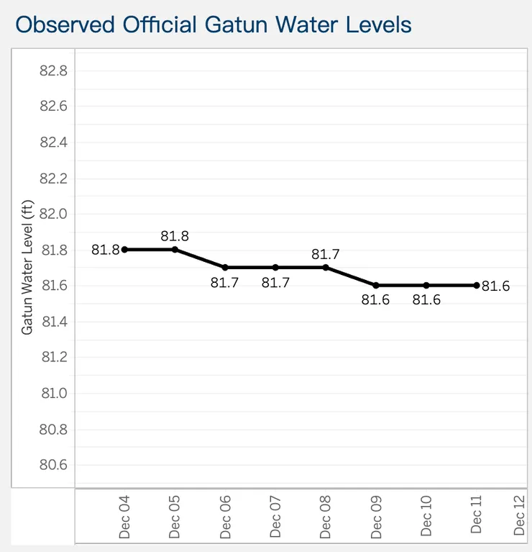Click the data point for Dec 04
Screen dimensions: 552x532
click(124, 250)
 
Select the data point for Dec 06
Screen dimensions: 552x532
click(225, 267)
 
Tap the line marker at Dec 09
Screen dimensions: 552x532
click(376, 285)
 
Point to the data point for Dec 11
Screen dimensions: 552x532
click(477, 285)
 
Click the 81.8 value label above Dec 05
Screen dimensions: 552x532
click(175, 236)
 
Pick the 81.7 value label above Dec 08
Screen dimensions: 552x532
click(325, 254)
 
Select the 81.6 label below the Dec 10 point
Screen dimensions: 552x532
click(426, 299)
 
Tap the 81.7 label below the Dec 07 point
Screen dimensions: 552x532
click(275, 282)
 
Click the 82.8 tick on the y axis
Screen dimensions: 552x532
click(53, 71)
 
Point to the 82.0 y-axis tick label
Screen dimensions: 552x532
click(53, 214)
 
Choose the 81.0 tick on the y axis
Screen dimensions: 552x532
click(53, 393)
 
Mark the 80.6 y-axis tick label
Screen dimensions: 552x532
click(53, 465)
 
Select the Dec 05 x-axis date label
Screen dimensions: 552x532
click(174, 515)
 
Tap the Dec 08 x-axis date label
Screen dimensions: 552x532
click(325, 515)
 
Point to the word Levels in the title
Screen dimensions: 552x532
click(377, 24)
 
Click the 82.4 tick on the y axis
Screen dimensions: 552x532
click(53, 142)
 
